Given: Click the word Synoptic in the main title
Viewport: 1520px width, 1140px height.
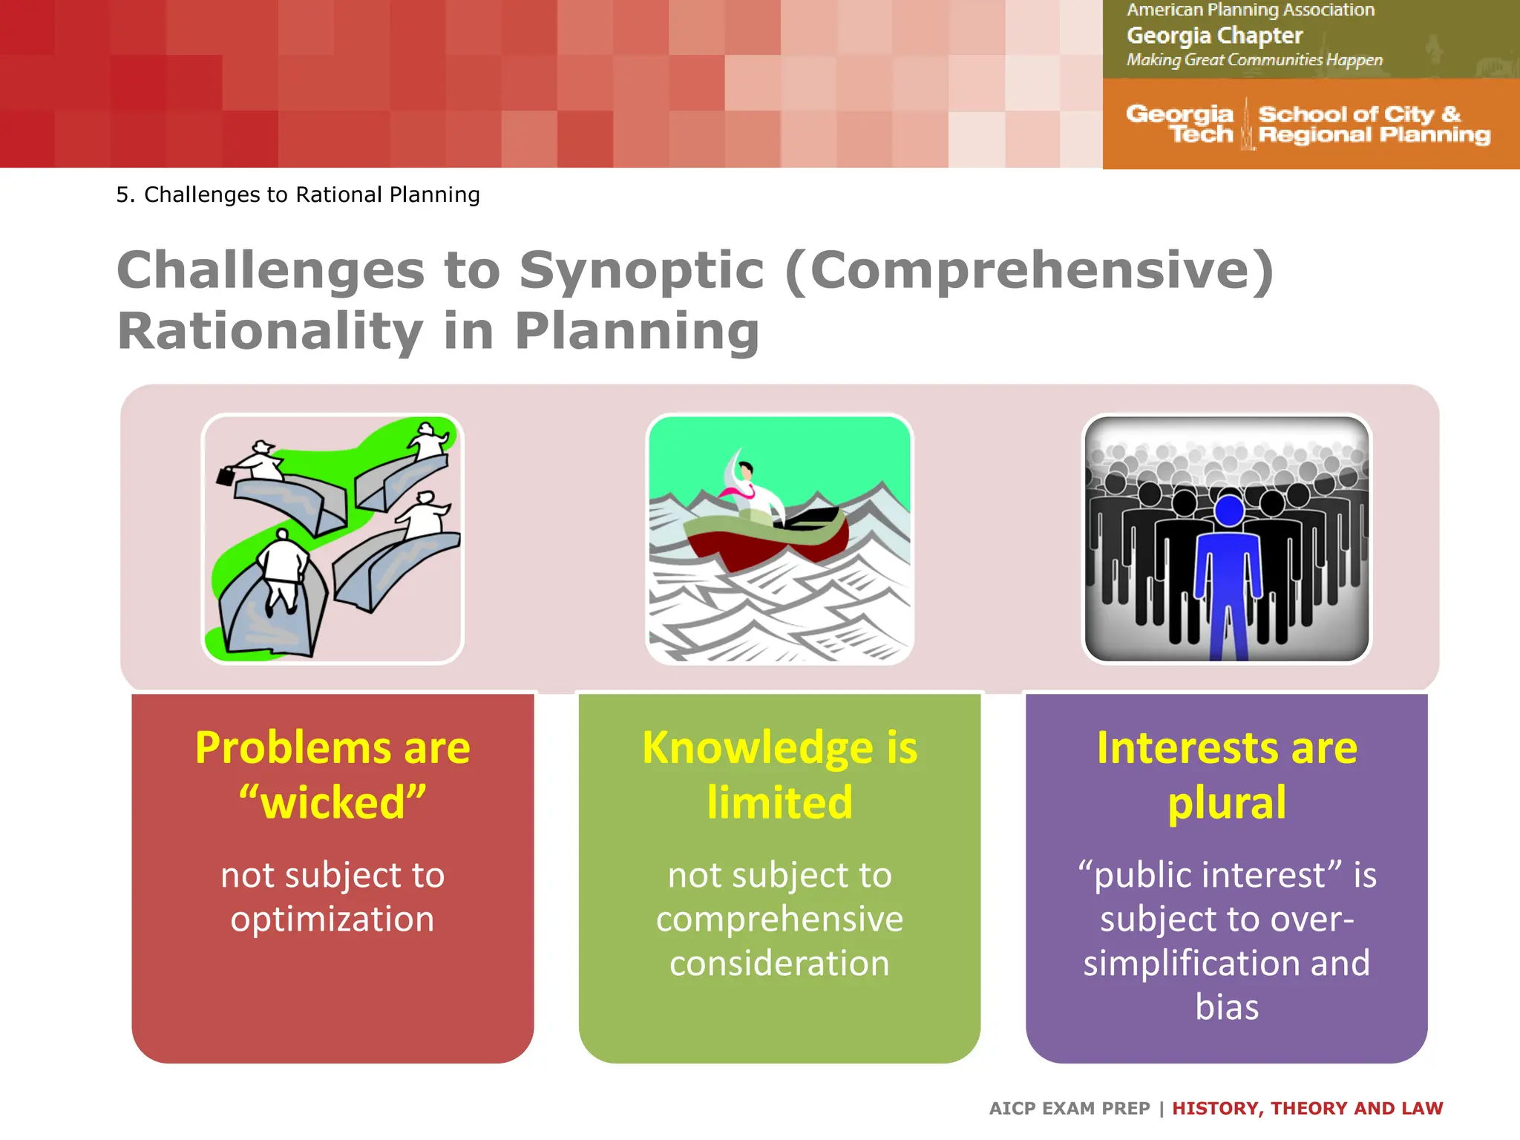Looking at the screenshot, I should point(641,270).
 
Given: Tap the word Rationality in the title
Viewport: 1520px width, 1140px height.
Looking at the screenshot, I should point(270,331).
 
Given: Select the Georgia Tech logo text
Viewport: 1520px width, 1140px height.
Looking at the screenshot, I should point(1180,124).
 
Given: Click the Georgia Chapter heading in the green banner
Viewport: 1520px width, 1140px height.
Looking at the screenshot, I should point(1214,36).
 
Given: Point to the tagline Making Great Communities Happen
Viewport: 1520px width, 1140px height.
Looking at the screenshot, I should point(1254,60).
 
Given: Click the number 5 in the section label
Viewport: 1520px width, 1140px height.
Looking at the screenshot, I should point(123,194).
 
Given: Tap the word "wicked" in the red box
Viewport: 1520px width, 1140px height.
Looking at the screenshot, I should point(332,803).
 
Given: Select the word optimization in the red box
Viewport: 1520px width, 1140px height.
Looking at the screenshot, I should point(332,919).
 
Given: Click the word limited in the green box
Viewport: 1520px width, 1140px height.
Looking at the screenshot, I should point(779,803).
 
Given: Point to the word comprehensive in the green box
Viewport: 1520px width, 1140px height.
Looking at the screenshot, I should point(779,919).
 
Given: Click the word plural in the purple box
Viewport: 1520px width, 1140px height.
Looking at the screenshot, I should point(1226,803).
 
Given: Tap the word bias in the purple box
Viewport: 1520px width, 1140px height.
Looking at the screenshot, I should point(1226,1007).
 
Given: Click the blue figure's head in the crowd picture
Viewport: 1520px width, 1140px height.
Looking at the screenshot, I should point(1229,511).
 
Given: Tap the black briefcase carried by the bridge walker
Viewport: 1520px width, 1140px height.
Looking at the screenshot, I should point(226,475).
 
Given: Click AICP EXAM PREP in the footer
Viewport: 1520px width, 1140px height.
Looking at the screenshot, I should point(1069,1108).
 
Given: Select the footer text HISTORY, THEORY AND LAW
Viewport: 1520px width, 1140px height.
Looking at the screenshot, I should point(1307,1108).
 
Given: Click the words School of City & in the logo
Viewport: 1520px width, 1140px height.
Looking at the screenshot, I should point(1359,114).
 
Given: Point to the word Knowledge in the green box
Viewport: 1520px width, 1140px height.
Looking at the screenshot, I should point(757,747).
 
